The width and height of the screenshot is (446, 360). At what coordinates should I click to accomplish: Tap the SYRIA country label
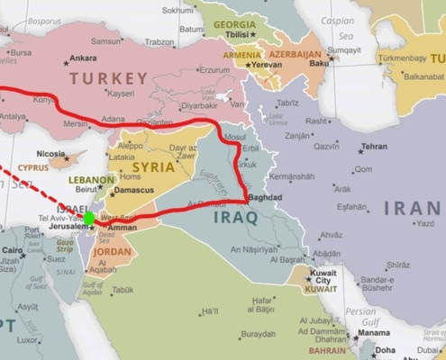click(x=153, y=166)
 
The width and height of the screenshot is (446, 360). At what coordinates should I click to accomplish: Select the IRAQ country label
click(x=235, y=217)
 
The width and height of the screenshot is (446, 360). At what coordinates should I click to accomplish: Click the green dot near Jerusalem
click(x=88, y=218)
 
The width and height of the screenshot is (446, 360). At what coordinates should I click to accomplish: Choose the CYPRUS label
click(x=32, y=167)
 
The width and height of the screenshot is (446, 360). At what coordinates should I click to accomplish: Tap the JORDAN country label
click(x=112, y=252)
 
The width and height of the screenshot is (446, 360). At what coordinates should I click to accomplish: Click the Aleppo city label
click(x=131, y=145)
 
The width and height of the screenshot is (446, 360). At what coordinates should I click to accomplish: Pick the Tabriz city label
click(x=288, y=103)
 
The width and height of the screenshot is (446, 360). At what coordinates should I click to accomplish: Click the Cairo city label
click(x=12, y=251)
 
